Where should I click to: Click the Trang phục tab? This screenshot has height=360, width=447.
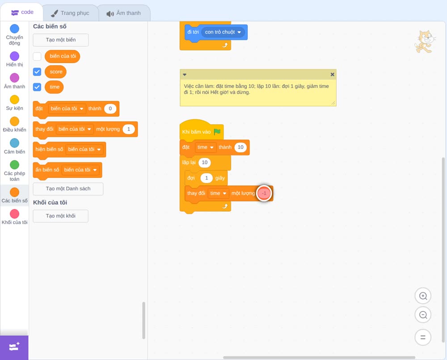click(70, 13)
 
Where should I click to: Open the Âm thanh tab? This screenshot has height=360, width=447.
click(124, 13)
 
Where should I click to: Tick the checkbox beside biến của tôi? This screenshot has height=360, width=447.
click(37, 56)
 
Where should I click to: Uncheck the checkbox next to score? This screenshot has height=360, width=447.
click(37, 72)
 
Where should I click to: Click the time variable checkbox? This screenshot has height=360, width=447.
click(37, 87)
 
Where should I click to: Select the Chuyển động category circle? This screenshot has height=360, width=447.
click(15, 29)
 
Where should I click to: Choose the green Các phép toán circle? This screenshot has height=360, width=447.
click(15, 165)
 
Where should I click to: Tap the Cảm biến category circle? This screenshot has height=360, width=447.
click(15, 143)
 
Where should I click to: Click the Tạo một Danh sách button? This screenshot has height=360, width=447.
click(68, 188)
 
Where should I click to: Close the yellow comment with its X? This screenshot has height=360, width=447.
click(333, 74)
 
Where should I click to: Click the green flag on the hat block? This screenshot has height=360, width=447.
click(217, 132)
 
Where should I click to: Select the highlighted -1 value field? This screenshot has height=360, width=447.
click(264, 193)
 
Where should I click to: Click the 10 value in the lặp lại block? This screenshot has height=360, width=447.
click(205, 162)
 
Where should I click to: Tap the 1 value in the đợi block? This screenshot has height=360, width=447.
click(207, 178)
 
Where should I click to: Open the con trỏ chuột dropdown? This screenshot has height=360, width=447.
click(223, 32)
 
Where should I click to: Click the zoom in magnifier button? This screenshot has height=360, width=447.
click(423, 296)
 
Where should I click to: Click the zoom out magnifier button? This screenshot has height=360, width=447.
click(423, 315)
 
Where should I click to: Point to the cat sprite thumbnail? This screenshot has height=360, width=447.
click(425, 42)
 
